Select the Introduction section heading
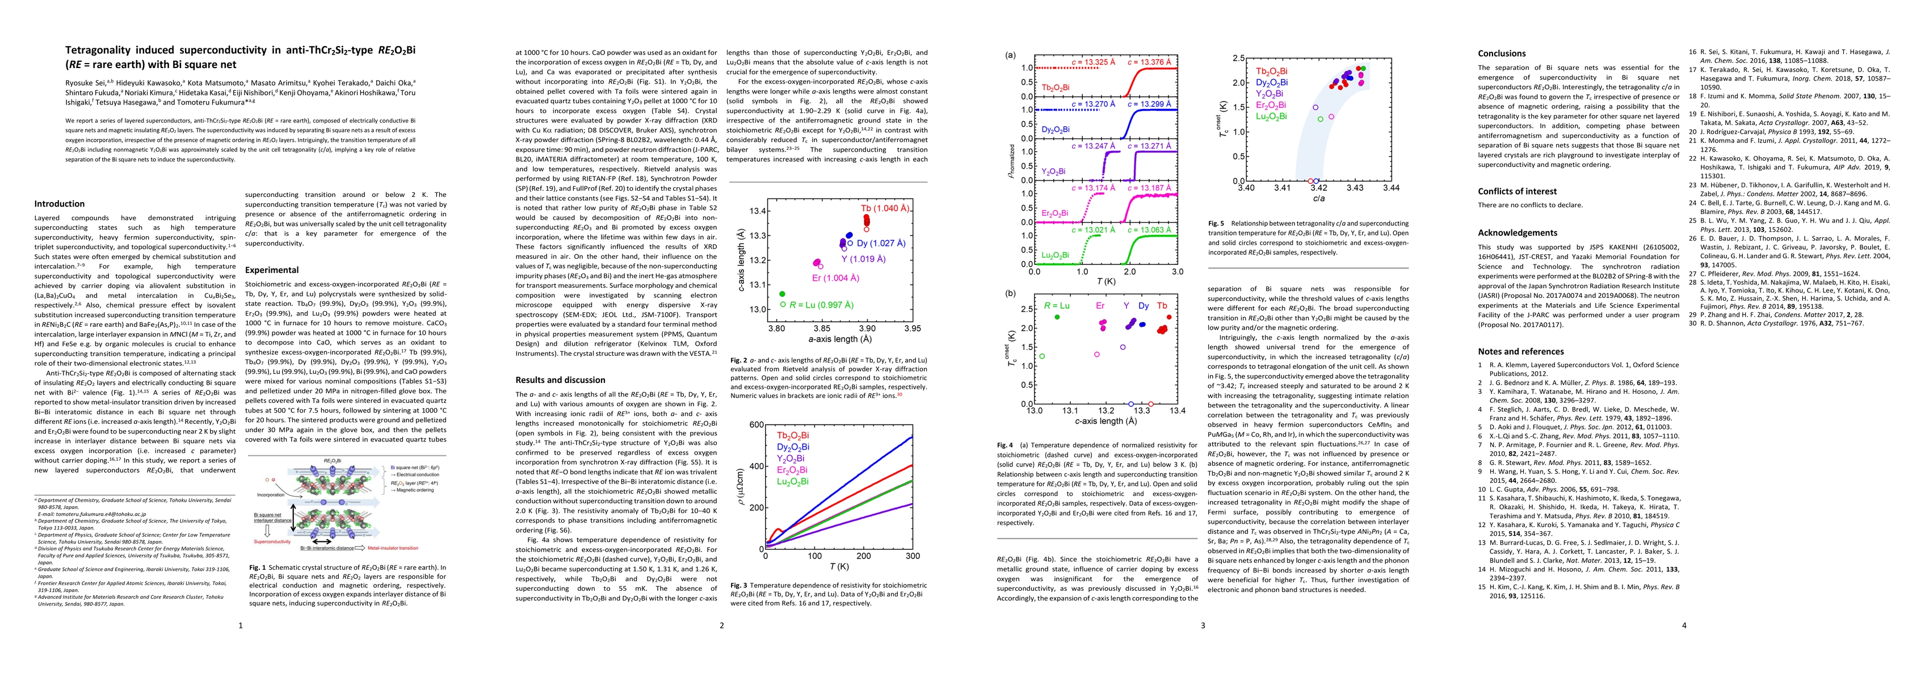[x=59, y=203]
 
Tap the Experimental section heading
[x=271, y=270]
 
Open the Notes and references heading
[x=1520, y=351]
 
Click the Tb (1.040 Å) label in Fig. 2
[x=885, y=208]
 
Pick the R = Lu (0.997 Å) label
[x=821, y=305]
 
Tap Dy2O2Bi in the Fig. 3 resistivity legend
[x=792, y=447]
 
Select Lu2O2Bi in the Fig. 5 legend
[x=1271, y=116]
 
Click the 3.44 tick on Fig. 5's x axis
[x=1390, y=188]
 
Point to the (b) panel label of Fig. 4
[x=1010, y=293]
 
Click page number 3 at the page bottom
[x=1203, y=626]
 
